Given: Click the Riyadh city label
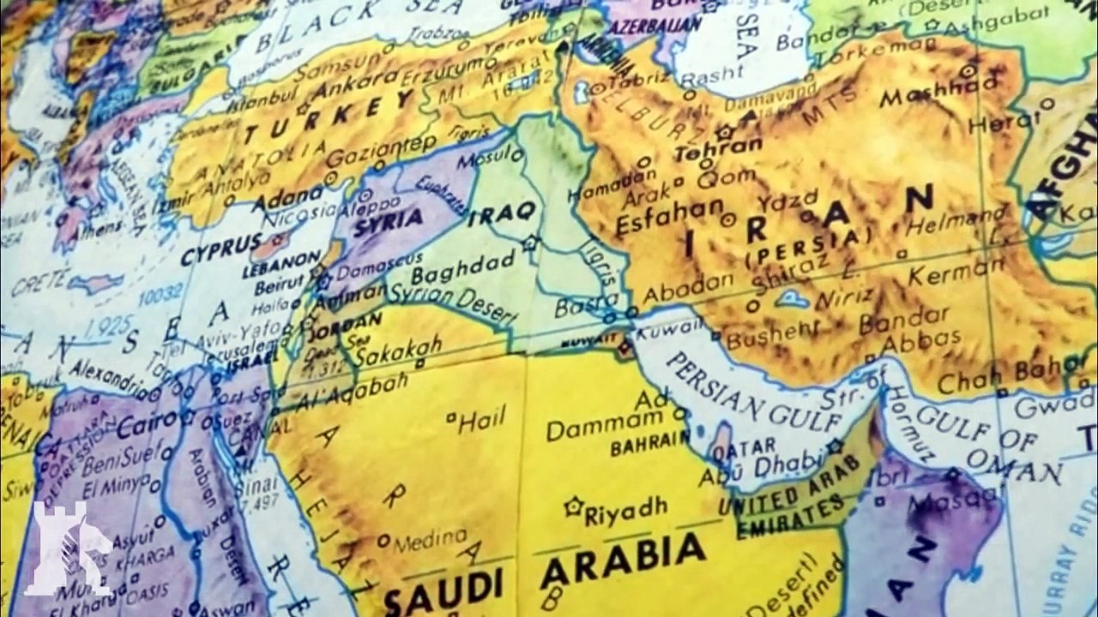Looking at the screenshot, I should (625, 510).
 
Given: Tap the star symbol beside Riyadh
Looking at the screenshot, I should (572, 506).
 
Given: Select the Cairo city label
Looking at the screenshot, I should (146, 423).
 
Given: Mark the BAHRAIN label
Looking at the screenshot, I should (650, 445).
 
